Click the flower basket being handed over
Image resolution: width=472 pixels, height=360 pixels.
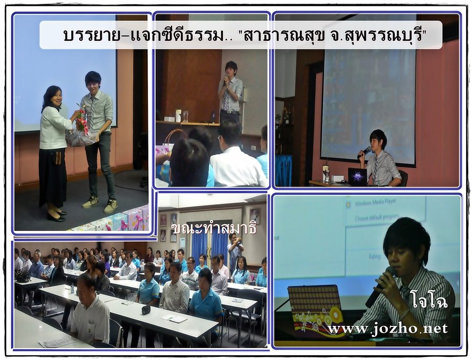[x=81, y=130]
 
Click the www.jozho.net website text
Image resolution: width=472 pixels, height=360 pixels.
[x=388, y=329]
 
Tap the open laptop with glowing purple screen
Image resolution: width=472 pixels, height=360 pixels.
[x=357, y=176]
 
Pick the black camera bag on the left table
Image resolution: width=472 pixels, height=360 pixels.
[x=23, y=276]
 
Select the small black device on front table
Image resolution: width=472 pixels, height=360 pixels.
[x=146, y=309]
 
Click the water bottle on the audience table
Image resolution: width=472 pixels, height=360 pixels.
[x=72, y=288]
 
